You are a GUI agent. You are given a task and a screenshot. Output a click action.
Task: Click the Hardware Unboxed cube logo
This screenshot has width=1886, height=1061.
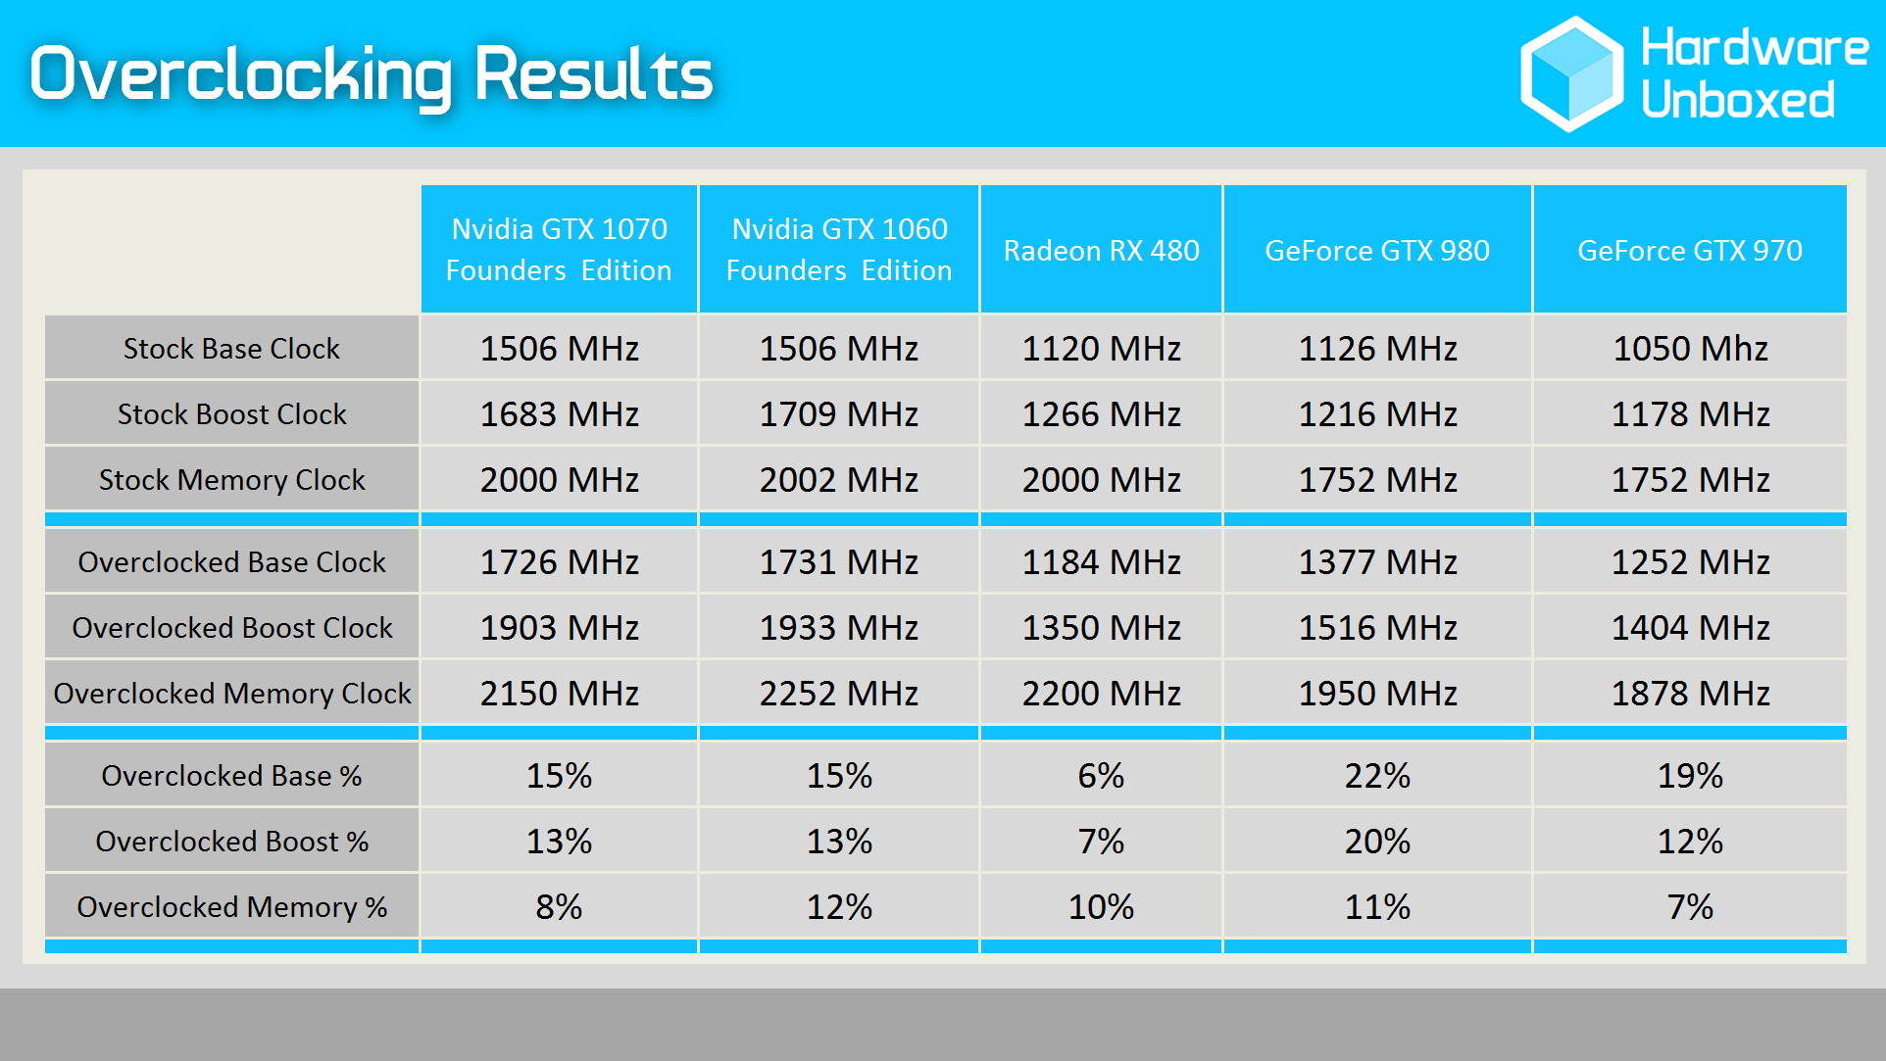[x=1571, y=74]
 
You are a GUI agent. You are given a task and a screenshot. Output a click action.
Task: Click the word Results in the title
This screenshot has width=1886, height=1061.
[x=593, y=74]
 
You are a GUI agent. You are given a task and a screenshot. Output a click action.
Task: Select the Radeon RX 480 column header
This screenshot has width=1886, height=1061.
[x=1101, y=251]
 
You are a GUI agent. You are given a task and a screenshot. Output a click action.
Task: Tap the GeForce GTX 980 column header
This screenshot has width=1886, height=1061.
[x=1377, y=251]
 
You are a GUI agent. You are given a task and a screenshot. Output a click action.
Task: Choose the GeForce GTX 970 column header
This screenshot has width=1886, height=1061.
[x=1690, y=251]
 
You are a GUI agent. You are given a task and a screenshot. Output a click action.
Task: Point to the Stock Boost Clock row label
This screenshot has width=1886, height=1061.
[x=232, y=414]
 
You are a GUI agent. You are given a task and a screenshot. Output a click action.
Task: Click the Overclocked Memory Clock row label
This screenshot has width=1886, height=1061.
[x=232, y=694]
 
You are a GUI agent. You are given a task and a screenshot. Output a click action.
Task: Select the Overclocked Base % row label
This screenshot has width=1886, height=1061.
[x=232, y=776]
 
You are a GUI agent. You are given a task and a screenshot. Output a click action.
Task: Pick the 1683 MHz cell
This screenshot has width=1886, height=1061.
[x=559, y=414]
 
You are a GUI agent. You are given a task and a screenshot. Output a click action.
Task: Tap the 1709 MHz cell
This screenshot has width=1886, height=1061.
[x=839, y=414]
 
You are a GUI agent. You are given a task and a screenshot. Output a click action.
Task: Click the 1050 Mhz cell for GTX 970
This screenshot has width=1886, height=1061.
[x=1690, y=349]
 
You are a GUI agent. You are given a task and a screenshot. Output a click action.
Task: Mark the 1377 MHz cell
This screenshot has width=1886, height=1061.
[x=1377, y=562]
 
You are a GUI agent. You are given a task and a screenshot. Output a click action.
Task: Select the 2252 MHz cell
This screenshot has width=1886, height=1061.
[x=839, y=694]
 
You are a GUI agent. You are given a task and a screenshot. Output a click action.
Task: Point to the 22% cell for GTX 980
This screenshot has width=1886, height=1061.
[x=1377, y=776]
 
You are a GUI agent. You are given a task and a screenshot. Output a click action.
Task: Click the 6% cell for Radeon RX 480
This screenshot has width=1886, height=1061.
[x=1101, y=776]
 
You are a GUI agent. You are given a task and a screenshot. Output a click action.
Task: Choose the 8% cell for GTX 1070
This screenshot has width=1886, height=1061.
[x=559, y=907]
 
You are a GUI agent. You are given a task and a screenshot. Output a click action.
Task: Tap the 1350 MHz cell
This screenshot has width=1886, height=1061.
[x=1101, y=628]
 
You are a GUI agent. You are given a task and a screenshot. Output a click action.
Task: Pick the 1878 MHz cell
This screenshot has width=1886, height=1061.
[x=1690, y=694]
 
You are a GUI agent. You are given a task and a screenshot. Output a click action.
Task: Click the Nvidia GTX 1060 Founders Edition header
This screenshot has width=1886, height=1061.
[x=839, y=250]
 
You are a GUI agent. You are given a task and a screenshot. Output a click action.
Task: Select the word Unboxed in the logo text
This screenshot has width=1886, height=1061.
[x=1738, y=101]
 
